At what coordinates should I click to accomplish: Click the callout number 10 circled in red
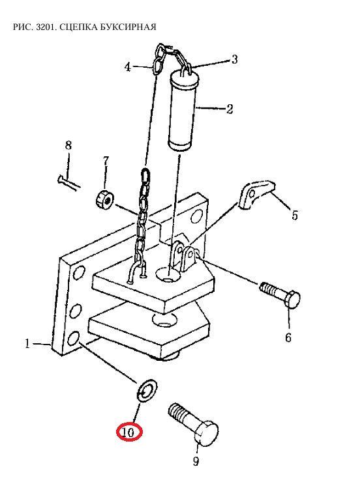pos(128,432)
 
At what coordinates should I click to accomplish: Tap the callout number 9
pos(196,460)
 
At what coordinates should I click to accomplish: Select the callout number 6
pos(288,337)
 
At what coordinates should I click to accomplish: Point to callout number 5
pos(295,215)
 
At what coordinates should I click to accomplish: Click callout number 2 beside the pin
pos(230,109)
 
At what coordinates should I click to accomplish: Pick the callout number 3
pos(235,59)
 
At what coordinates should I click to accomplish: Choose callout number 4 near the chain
pos(128,66)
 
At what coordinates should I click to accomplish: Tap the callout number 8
pos(68,145)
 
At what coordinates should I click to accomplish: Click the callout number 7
pos(106,160)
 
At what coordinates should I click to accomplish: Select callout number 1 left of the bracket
pos(27,343)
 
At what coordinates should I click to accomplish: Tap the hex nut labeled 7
pos(104,200)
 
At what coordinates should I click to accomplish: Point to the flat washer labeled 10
pos(147,389)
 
